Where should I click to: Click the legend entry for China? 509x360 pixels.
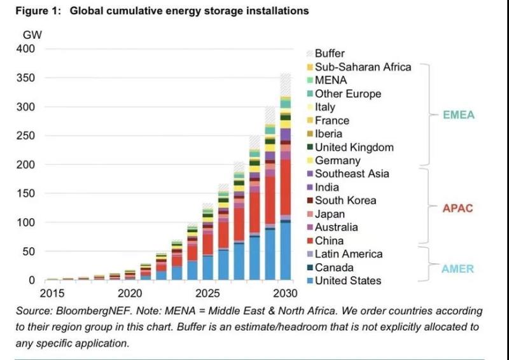[329, 240]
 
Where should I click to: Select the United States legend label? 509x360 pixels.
[347, 280]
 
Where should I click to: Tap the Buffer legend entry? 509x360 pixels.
[330, 53]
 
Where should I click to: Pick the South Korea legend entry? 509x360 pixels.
[345, 200]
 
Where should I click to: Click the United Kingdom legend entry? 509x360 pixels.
[354, 147]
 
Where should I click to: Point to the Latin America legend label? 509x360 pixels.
[349, 254]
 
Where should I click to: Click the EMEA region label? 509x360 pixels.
[459, 115]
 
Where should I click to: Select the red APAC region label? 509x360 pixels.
[458, 208]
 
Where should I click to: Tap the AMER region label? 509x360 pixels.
[458, 268]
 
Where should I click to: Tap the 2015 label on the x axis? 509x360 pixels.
[53, 293]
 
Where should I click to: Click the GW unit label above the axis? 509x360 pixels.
[32, 34]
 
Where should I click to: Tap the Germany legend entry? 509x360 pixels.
[337, 160]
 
